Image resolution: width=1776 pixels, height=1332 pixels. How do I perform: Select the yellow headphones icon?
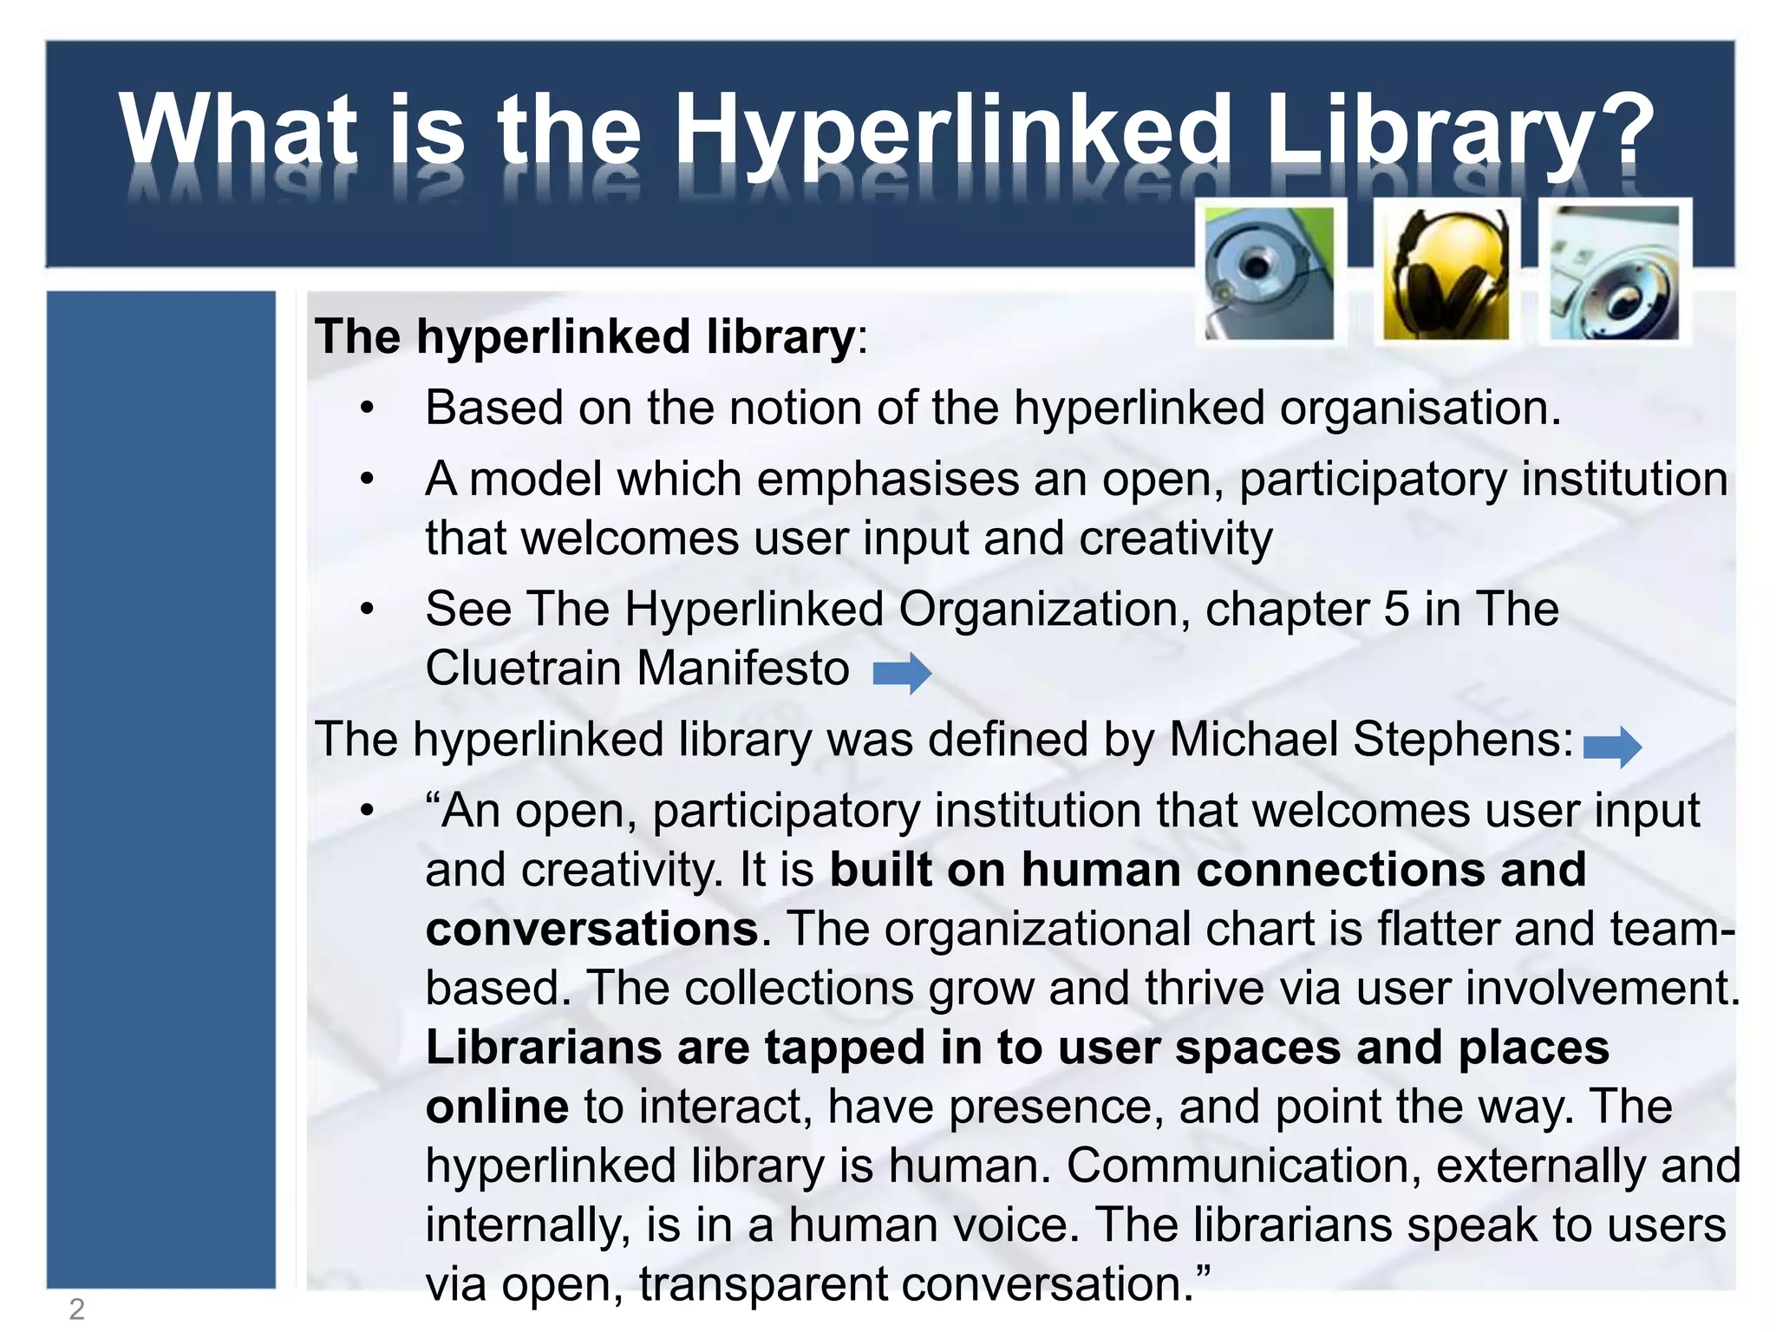1446,274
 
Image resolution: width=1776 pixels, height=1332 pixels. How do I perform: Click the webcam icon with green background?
1270,274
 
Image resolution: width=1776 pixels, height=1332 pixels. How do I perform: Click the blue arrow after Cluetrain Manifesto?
902,673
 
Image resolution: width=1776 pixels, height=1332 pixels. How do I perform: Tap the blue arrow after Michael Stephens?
1612,746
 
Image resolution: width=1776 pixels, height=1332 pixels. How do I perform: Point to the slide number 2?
76,1309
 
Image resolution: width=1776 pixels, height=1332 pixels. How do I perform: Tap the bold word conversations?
592,929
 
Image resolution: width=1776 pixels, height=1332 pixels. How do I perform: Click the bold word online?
497,1107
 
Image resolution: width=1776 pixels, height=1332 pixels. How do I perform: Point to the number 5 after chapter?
1396,609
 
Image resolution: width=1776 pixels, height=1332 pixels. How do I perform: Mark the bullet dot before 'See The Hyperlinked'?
368,609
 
